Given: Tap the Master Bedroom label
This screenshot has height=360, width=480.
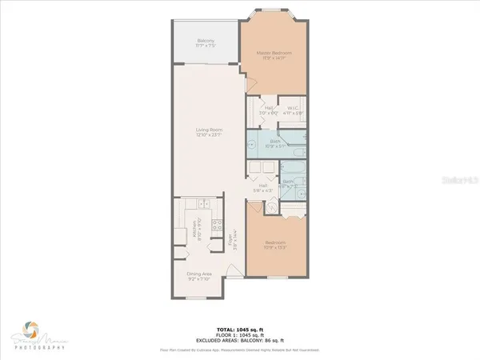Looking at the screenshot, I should [x=274, y=54].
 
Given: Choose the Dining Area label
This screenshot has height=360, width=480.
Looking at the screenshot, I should [x=199, y=276].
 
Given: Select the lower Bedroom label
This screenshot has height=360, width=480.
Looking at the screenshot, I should [x=274, y=244].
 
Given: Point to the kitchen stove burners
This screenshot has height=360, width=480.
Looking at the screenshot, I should [x=217, y=233].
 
